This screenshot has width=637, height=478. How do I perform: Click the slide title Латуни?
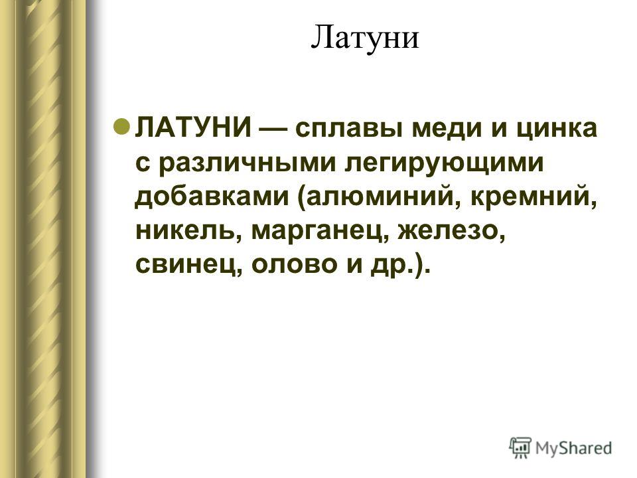click(364, 37)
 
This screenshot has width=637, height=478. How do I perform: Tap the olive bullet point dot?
click(121, 127)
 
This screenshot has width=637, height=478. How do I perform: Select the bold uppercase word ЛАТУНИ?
click(194, 128)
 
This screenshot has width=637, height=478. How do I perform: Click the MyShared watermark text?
click(573, 448)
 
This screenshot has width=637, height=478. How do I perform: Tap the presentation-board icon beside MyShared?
click(520, 448)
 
